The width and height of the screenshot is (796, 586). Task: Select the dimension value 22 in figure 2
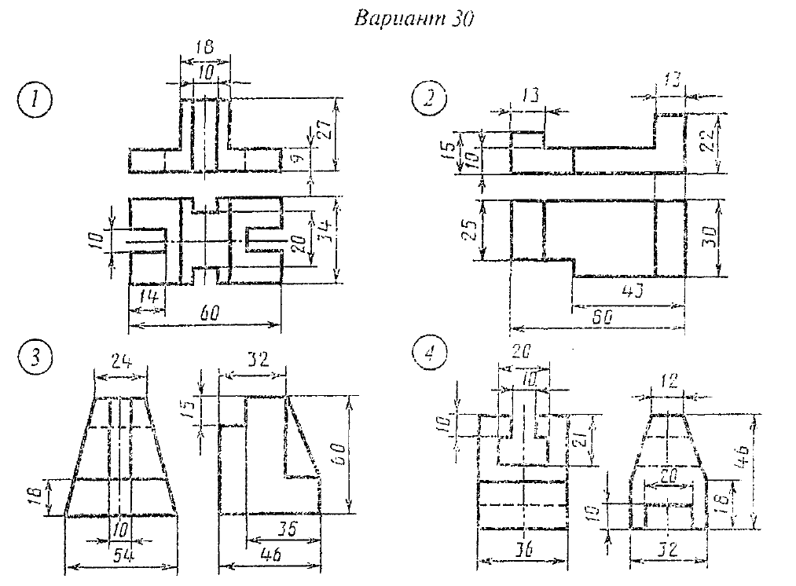point(708,142)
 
